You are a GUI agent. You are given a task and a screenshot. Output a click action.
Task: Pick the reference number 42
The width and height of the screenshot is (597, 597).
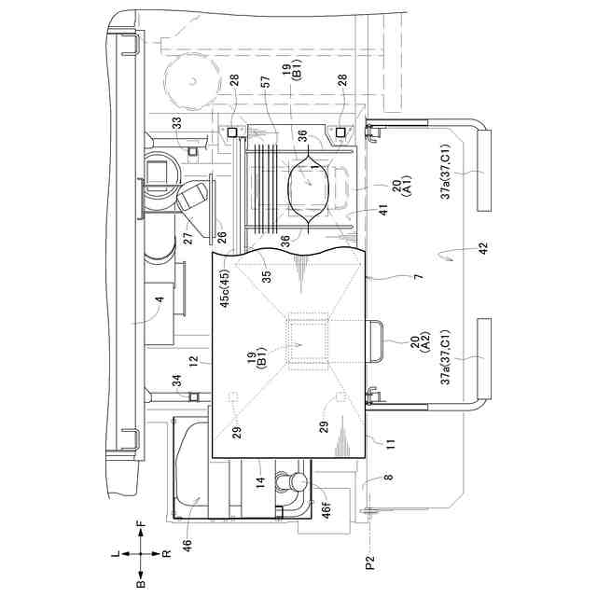(x=456, y=250)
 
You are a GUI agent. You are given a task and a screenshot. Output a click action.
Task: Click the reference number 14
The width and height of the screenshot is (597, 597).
(x=262, y=483)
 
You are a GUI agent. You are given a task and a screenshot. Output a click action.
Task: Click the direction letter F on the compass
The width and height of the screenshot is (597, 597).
(x=141, y=527)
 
